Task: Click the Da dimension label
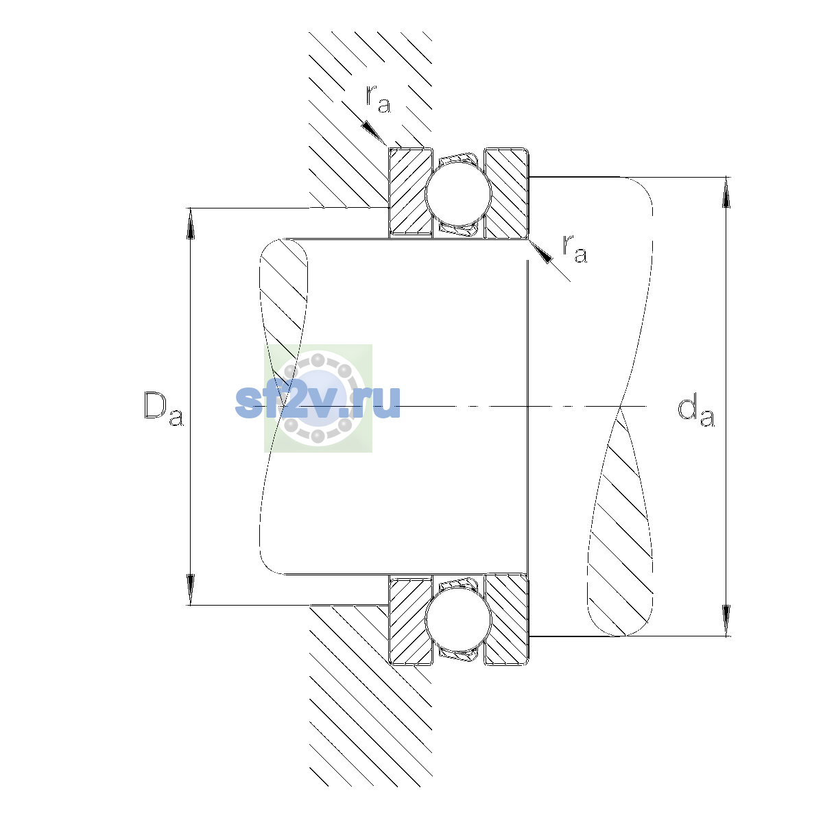point(164,408)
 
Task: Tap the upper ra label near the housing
point(378,99)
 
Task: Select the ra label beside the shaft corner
point(575,248)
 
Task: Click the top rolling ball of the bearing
point(458,193)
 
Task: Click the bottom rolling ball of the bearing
point(458,620)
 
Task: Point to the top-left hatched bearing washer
point(410,192)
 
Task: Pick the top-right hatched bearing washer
point(507,193)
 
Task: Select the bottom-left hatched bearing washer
point(410,620)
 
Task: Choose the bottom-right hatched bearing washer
point(507,620)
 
